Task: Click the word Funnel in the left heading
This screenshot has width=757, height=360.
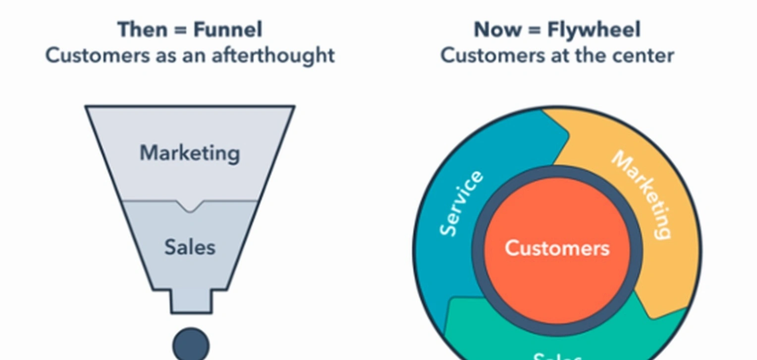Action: pyautogui.click(x=227, y=30)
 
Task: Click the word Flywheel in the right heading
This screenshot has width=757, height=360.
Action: pyautogui.click(x=594, y=30)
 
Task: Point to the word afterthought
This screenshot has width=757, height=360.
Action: pyautogui.click(x=273, y=55)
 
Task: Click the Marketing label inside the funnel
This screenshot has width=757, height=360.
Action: pyautogui.click(x=190, y=153)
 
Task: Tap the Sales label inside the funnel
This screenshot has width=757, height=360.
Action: pyautogui.click(x=190, y=247)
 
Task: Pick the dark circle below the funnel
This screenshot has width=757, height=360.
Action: pyautogui.click(x=191, y=344)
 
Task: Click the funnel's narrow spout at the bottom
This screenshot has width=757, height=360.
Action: pyautogui.click(x=191, y=301)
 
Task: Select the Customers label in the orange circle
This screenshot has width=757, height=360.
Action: pyautogui.click(x=557, y=248)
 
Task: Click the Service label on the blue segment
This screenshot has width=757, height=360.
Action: pyautogui.click(x=461, y=203)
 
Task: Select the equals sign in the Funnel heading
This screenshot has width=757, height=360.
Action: pyautogui.click(x=181, y=30)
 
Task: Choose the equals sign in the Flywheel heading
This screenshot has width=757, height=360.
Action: pyautogui.click(x=534, y=30)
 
